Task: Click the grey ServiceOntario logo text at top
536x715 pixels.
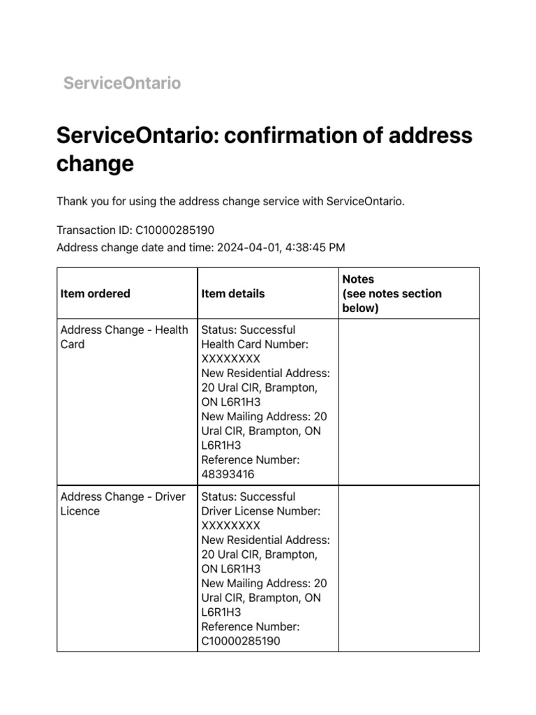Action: coord(122,83)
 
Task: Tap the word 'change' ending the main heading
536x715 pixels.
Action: coord(94,165)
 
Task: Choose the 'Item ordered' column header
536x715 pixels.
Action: coord(96,293)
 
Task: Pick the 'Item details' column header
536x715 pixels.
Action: coord(233,293)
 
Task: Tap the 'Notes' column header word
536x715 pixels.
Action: coord(358,279)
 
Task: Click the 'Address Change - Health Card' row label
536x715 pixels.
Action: coord(124,337)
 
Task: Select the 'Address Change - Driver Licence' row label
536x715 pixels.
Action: coord(123,503)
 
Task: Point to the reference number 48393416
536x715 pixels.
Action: coord(228,474)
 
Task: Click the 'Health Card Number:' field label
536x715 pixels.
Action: coord(255,344)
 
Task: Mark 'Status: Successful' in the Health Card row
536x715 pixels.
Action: coord(248,330)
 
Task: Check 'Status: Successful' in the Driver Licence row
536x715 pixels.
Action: coord(248,496)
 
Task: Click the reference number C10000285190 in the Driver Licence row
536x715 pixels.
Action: coord(241,641)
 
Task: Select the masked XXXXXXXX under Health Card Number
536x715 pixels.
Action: coord(230,358)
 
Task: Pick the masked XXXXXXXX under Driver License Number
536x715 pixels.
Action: coord(230,525)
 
